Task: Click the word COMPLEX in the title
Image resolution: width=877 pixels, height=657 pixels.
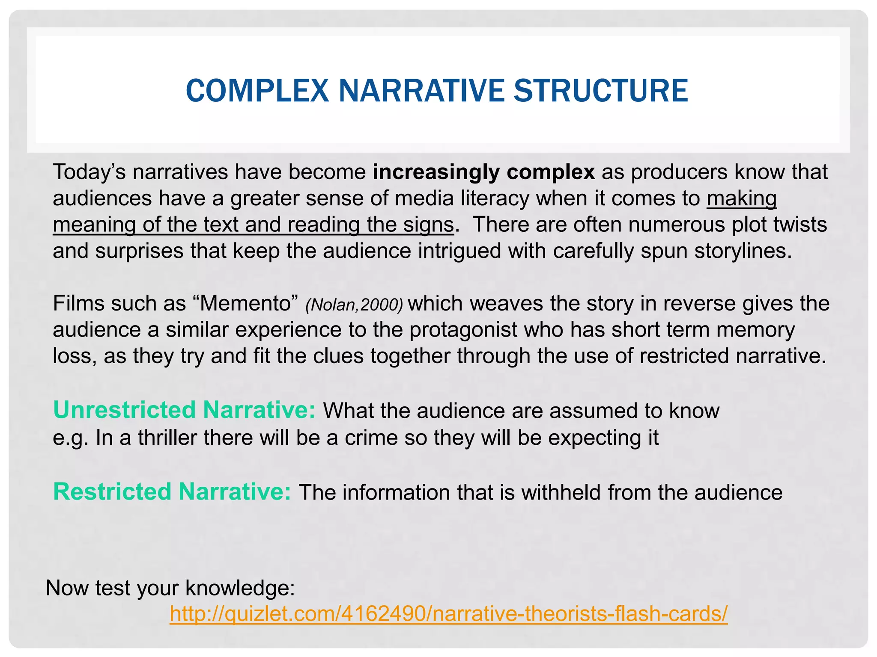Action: [257, 91]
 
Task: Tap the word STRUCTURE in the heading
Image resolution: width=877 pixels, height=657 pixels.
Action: [600, 91]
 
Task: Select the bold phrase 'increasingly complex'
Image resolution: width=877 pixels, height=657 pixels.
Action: [483, 172]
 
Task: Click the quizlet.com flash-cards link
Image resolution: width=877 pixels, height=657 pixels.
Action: [448, 614]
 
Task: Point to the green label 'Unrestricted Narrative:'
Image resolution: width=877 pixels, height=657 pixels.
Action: [184, 410]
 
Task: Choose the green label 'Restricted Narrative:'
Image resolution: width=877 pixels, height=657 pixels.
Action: [172, 491]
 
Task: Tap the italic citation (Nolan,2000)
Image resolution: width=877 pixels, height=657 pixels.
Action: [354, 305]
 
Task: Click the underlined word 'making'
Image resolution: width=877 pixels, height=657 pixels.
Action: [741, 199]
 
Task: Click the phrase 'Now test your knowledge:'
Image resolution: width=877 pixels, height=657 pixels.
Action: [170, 588]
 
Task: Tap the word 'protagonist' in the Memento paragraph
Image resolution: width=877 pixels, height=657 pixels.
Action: [463, 330]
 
